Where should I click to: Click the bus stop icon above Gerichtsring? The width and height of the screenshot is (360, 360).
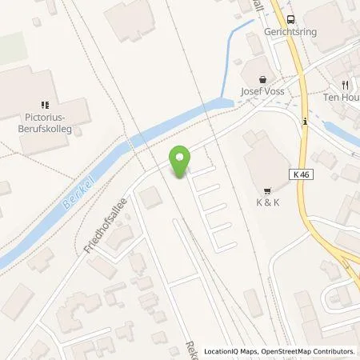click(x=289, y=19)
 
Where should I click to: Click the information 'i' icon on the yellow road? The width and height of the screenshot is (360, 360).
click(x=305, y=122)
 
